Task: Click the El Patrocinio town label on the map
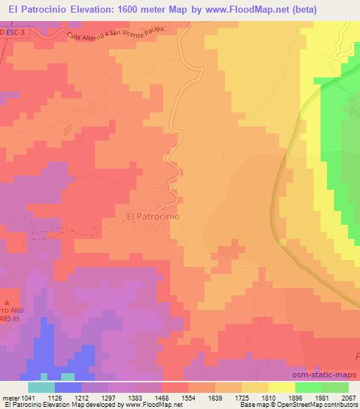click(153, 216)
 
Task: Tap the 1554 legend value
click(188, 398)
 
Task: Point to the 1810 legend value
click(268, 398)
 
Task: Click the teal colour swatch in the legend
click(41, 387)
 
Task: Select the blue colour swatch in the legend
click(68, 387)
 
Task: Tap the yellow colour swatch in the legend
click(282, 387)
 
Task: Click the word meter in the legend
click(11, 398)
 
